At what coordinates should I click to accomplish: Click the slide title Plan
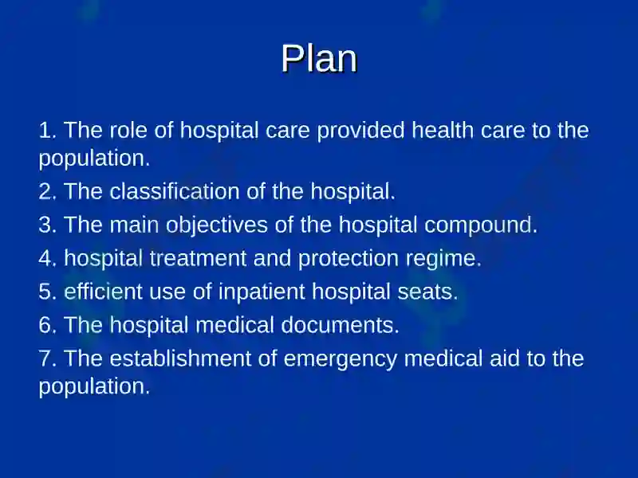pyautogui.click(x=319, y=58)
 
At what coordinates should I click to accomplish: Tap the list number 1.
pyautogui.click(x=47, y=130)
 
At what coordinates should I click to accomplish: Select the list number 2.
pyautogui.click(x=48, y=191)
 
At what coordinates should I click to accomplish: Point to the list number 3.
pyautogui.click(x=48, y=225)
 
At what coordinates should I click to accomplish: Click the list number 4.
pyautogui.click(x=48, y=257)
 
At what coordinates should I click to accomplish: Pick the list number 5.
pyautogui.click(x=48, y=291)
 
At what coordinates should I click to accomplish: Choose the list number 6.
pyautogui.click(x=48, y=325)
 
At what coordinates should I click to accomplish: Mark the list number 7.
pyautogui.click(x=48, y=358)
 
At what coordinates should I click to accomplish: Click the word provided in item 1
pyautogui.click(x=361, y=131)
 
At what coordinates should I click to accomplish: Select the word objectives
pyautogui.click(x=216, y=226)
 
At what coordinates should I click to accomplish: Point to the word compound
pyautogui.click(x=481, y=226)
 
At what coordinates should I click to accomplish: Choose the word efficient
pyautogui.click(x=104, y=291)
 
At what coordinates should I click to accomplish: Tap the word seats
pyautogui.click(x=427, y=292)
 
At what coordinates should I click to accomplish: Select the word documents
pyautogui.click(x=341, y=325)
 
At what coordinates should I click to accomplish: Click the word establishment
pyautogui.click(x=180, y=358)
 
